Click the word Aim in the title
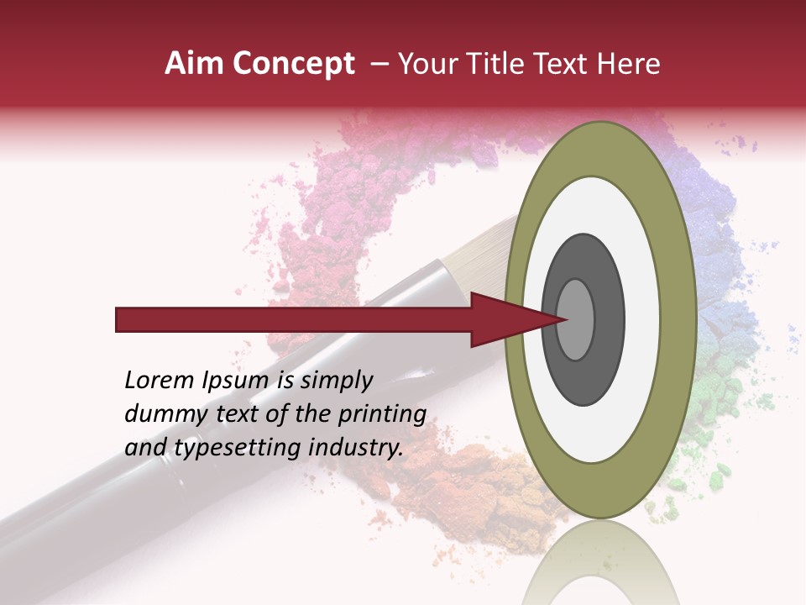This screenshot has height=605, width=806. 194,64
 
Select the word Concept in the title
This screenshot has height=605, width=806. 293,65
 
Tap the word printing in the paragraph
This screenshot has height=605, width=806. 382,414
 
